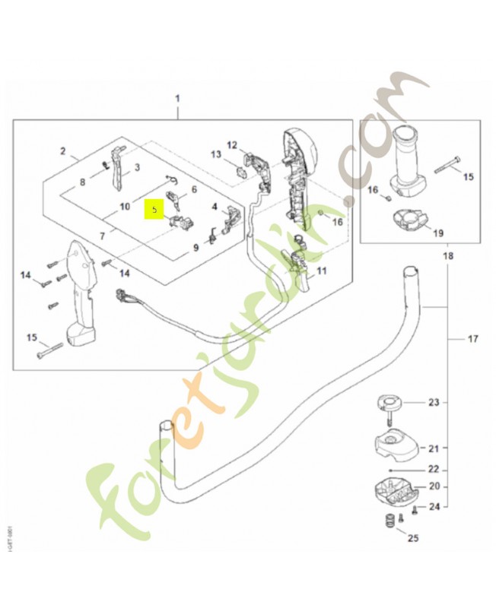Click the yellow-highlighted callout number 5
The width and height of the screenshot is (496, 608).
pyautogui.click(x=154, y=207)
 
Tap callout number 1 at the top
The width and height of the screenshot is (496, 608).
pyautogui.click(x=177, y=99)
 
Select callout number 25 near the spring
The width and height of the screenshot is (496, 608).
pyautogui.click(x=413, y=539)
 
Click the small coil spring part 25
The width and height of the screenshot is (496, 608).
pyautogui.click(x=389, y=523)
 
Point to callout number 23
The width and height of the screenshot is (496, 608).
pyautogui.click(x=434, y=402)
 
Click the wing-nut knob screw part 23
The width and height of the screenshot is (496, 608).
pyautogui.click(x=390, y=403)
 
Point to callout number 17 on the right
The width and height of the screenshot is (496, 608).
pyautogui.click(x=473, y=338)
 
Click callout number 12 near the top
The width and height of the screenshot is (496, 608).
pyautogui.click(x=232, y=144)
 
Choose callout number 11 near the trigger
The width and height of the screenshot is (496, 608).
pyautogui.click(x=321, y=270)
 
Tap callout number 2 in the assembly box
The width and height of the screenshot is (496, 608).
pyautogui.click(x=64, y=151)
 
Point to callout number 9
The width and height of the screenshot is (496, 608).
pyautogui.click(x=195, y=246)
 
